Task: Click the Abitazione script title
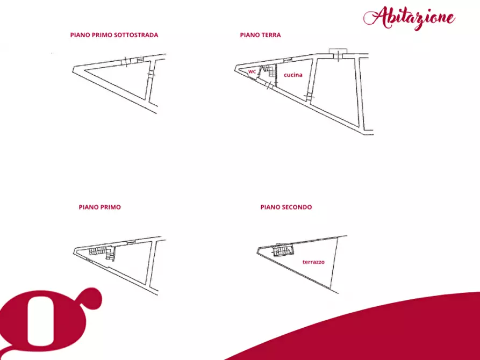click(409, 18)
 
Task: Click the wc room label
click(252, 71)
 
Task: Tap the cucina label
click(293, 75)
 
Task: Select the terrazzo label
click(313, 262)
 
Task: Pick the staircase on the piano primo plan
click(102, 254)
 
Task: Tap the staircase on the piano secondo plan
click(283, 250)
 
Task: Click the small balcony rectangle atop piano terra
click(338, 51)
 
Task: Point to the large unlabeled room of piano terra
click(336, 89)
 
